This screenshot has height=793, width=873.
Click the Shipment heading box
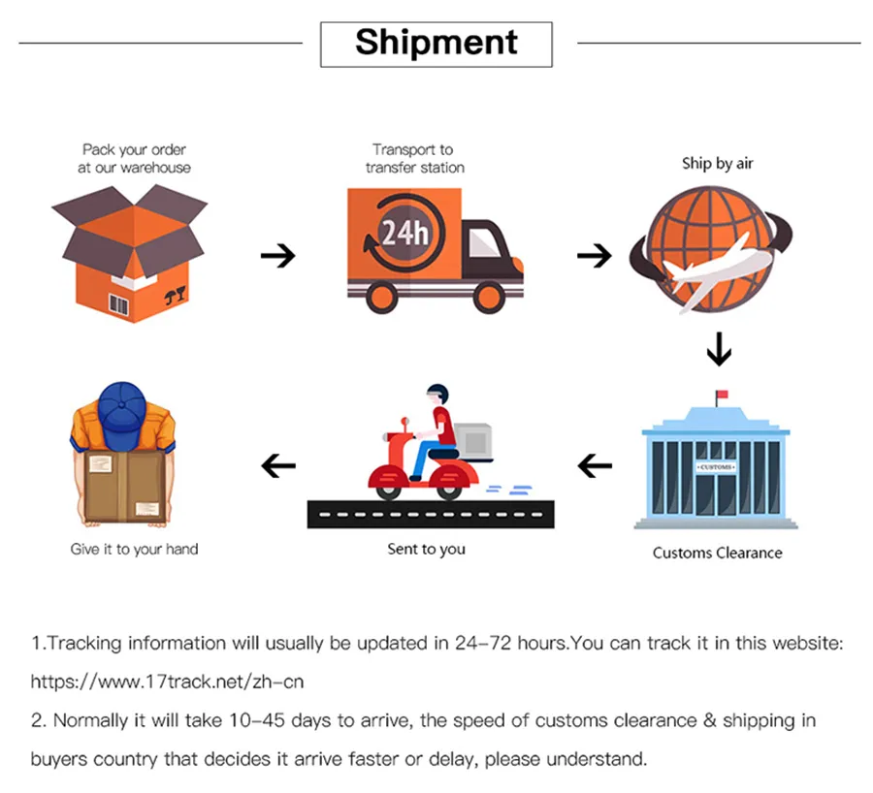coord(436,43)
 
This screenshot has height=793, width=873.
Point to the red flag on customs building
coord(720,396)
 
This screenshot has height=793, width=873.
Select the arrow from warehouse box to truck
coord(278,256)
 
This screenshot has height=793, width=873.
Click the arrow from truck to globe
coord(594,256)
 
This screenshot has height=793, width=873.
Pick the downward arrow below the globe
coord(718,349)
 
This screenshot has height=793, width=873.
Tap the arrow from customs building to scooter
coord(595,466)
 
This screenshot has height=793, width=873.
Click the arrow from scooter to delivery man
coord(278,466)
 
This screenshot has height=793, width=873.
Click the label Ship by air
coord(717,164)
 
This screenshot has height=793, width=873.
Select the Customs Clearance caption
coord(717,553)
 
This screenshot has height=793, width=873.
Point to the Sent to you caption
coord(426,549)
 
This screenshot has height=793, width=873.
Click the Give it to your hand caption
coord(134,549)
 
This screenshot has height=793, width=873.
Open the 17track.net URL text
coord(167,682)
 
